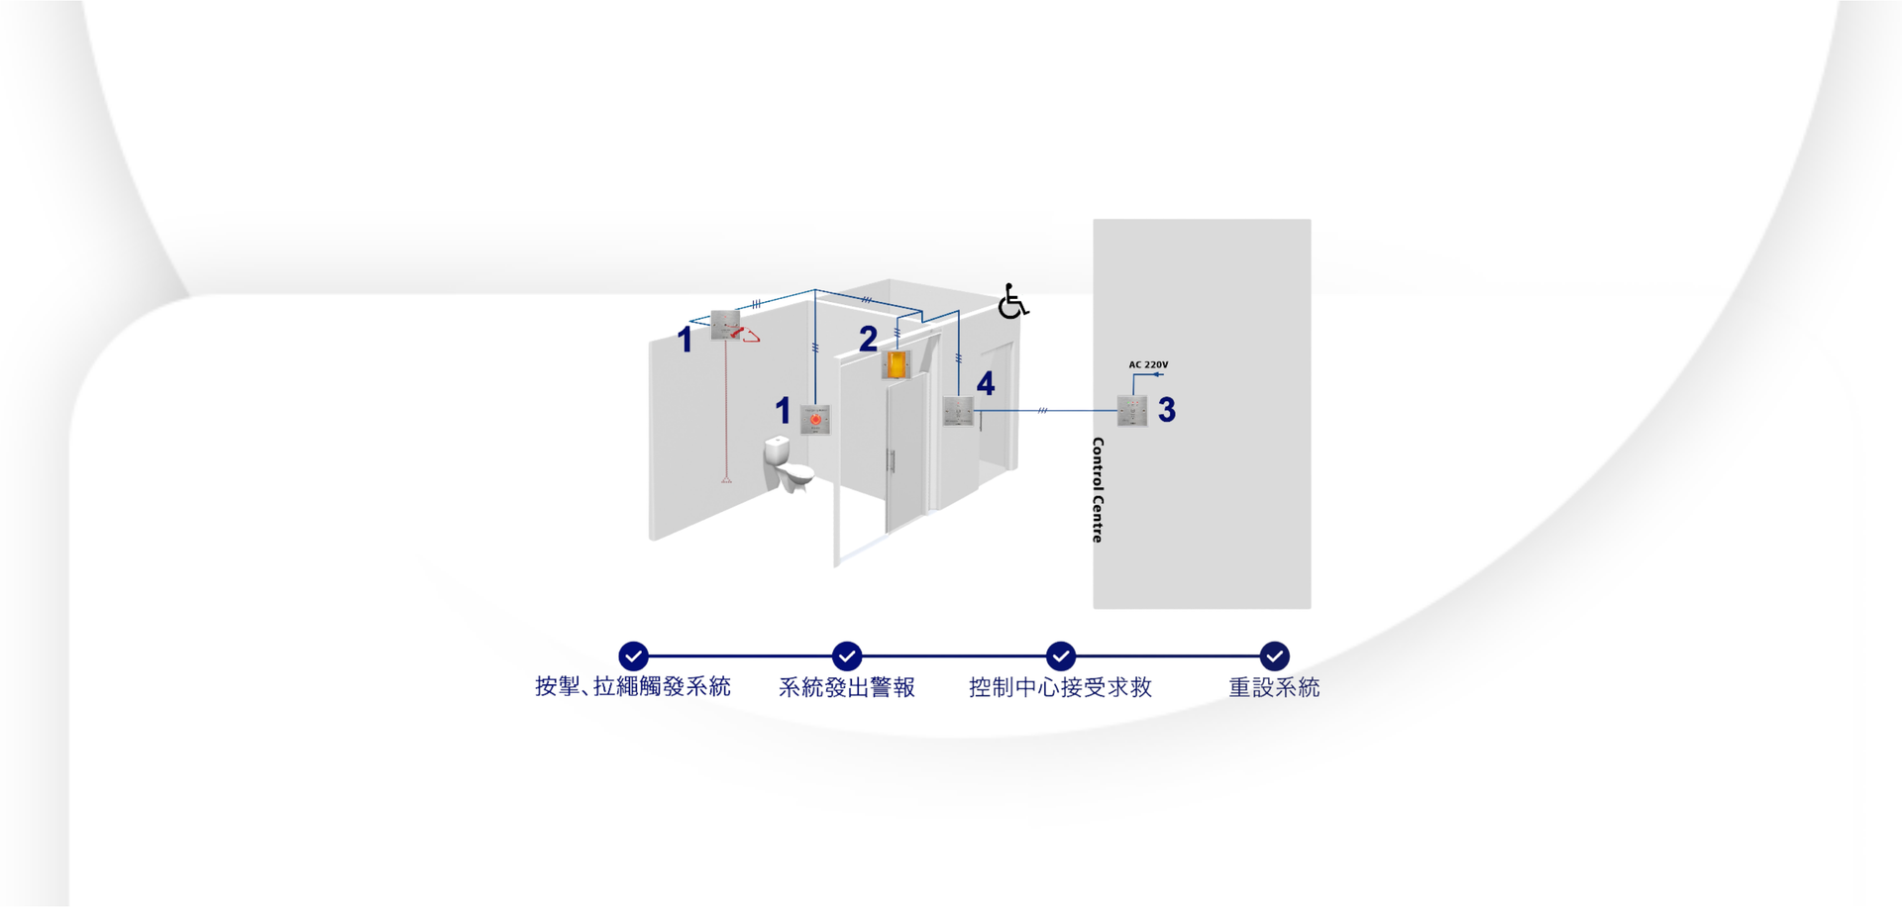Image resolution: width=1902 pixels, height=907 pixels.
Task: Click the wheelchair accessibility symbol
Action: [1012, 301]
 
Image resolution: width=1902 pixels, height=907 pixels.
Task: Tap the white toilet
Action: [786, 463]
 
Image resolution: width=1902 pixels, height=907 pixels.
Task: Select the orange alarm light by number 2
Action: [896, 364]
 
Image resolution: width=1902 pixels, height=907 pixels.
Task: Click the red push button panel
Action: [815, 420]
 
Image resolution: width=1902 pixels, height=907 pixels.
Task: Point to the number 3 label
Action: [1167, 410]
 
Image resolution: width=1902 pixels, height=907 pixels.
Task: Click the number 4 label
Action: [986, 383]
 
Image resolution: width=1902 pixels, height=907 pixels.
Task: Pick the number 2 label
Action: [869, 340]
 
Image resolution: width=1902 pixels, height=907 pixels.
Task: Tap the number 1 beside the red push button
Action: [783, 410]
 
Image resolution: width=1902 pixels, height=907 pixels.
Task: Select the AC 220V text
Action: [1148, 364]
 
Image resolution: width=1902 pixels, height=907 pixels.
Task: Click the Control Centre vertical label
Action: [1098, 490]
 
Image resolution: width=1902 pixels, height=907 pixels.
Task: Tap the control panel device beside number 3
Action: [1132, 411]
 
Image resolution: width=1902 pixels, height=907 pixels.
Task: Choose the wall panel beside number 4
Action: [958, 411]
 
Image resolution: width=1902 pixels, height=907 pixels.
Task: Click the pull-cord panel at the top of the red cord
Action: [725, 325]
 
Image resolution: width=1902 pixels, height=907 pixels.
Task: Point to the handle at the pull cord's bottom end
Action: [726, 479]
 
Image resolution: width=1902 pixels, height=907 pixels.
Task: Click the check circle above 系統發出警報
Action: [847, 655]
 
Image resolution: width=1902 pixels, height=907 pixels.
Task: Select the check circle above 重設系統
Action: [1274, 655]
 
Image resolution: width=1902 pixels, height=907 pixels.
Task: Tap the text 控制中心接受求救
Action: [1060, 687]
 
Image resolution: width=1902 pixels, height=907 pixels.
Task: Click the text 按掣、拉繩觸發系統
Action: [633, 687]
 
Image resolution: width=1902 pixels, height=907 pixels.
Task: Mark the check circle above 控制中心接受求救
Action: [1061, 655]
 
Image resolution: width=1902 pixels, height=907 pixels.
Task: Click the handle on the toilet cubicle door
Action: [892, 460]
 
